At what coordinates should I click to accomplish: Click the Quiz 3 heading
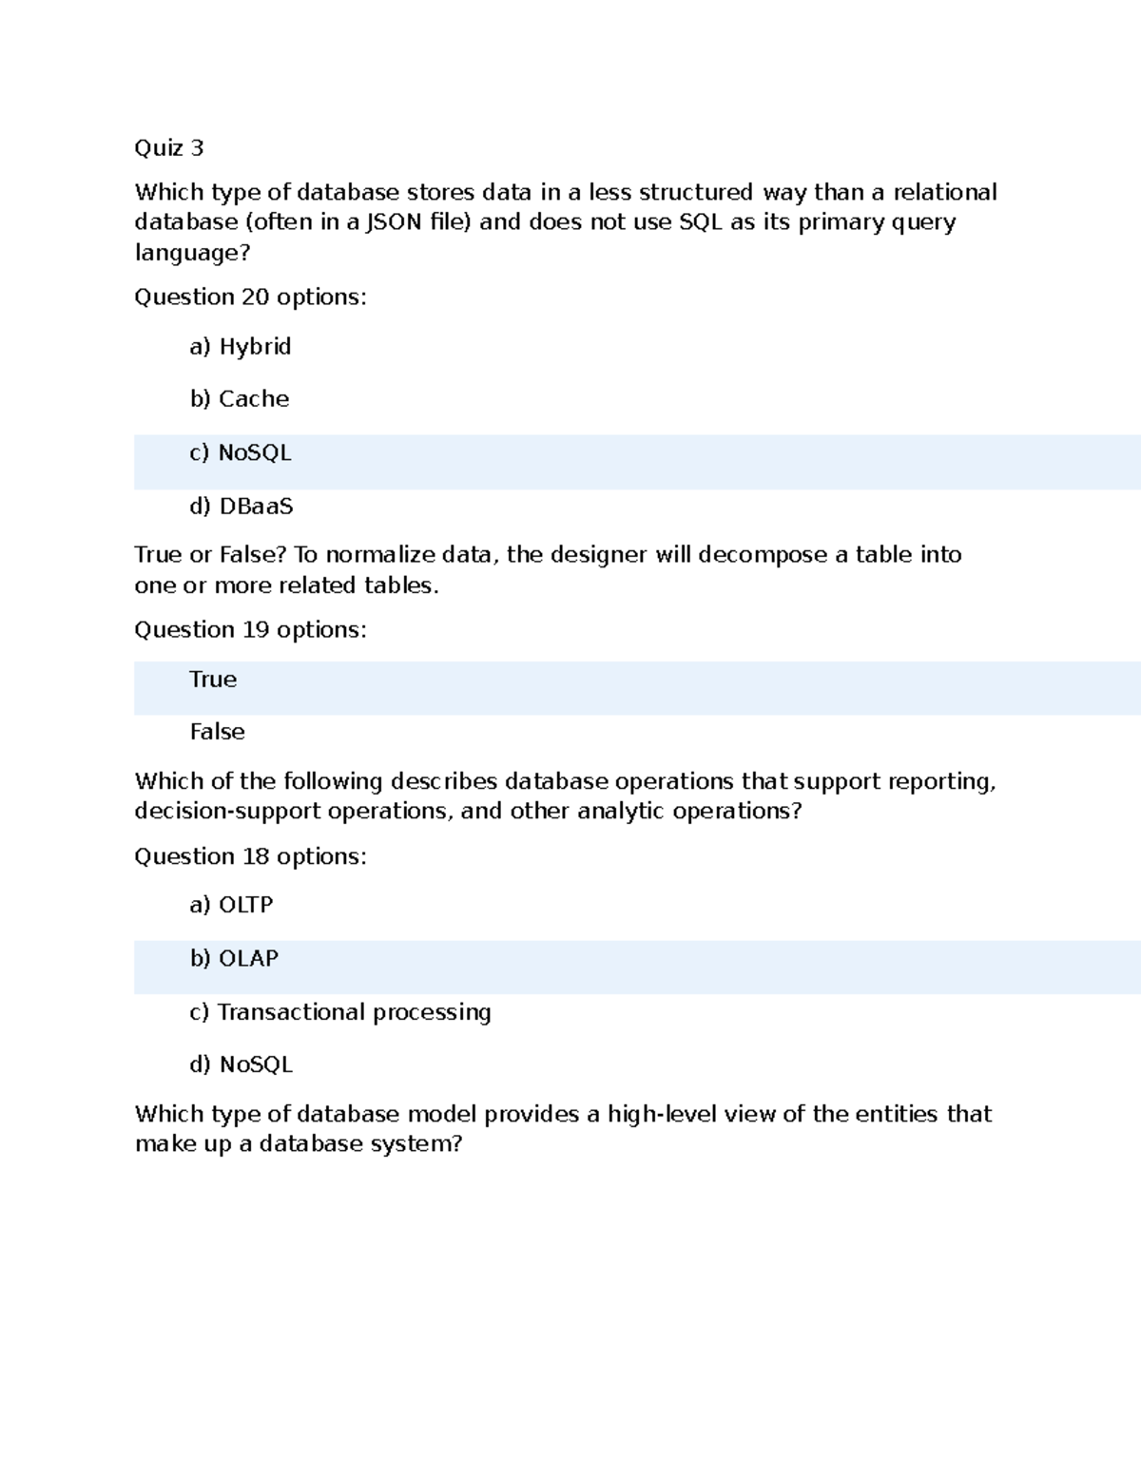[x=169, y=148]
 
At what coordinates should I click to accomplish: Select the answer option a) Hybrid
[x=241, y=347]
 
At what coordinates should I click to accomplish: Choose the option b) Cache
[x=240, y=399]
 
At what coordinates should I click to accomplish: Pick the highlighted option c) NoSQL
[x=241, y=453]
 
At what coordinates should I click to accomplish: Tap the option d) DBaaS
[x=242, y=507]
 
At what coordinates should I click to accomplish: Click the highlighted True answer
[x=213, y=680]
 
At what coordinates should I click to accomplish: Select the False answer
[x=217, y=732]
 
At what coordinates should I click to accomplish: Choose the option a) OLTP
[x=231, y=905]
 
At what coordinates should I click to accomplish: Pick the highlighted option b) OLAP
[x=234, y=959]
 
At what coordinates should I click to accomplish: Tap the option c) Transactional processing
[x=340, y=1012]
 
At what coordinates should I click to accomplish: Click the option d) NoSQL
[x=242, y=1064]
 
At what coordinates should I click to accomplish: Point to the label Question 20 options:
[x=250, y=297]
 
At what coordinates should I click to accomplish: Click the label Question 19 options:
[x=250, y=630]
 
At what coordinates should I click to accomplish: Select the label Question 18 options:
[x=250, y=857]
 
